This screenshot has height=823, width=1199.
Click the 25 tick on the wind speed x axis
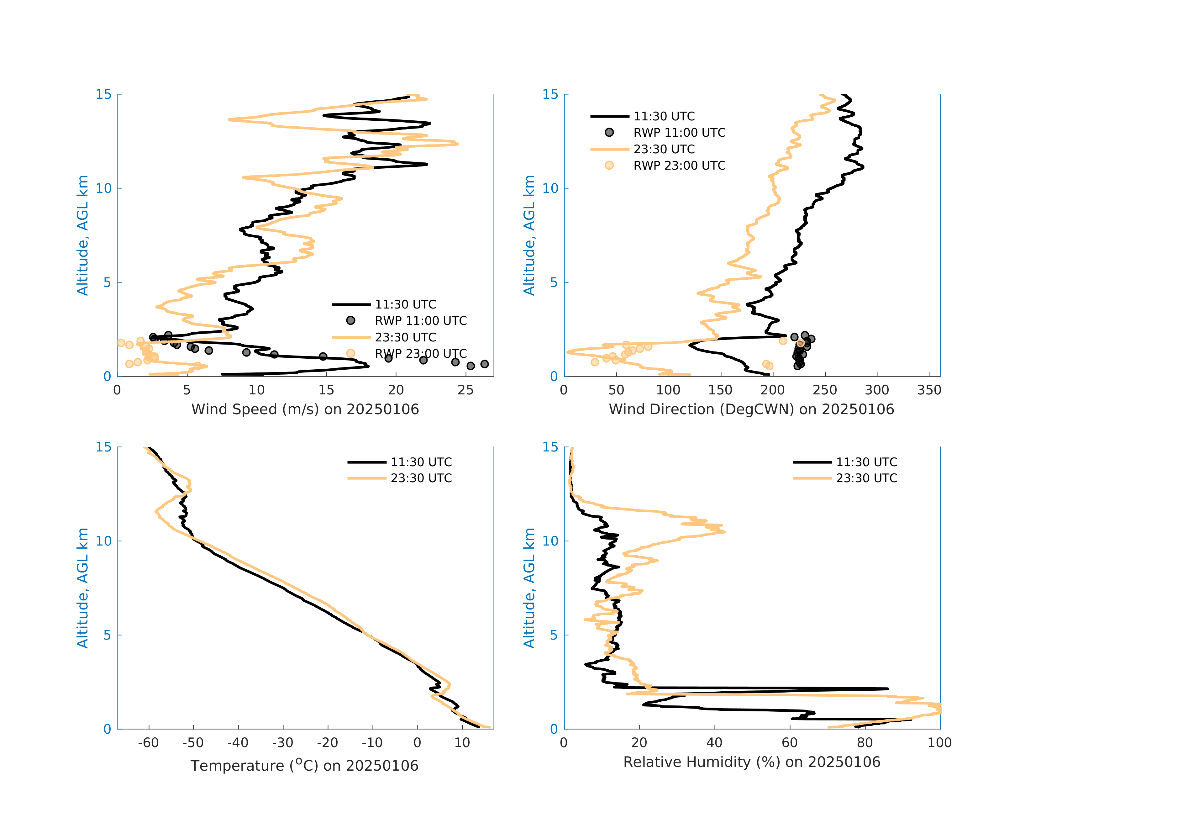[465, 390]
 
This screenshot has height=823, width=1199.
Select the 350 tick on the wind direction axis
[929, 390]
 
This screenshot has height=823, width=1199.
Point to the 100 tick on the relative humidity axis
[939, 743]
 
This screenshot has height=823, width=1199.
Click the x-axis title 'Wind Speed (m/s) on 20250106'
[305, 410]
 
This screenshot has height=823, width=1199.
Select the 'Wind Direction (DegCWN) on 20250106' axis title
[751, 410]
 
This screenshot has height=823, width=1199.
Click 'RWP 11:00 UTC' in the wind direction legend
[679, 133]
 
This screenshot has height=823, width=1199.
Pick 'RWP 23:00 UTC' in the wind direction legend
[679, 166]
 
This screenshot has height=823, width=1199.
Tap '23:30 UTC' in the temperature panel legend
[421, 478]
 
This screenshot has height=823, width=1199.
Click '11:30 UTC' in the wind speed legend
[406, 304]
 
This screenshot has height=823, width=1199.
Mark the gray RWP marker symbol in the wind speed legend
[351, 320]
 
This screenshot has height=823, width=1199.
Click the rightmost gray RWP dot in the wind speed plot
[484, 364]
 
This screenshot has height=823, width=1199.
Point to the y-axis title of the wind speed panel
[82, 235]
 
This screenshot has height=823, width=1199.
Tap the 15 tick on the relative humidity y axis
[550, 447]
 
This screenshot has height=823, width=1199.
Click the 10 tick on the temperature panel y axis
[104, 541]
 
